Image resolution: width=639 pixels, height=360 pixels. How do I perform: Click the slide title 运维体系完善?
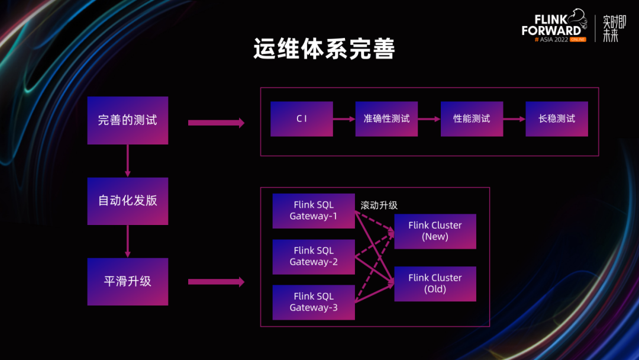point(324,50)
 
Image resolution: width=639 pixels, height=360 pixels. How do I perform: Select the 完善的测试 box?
point(128,120)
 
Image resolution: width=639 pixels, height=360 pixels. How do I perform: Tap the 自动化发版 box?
point(128,201)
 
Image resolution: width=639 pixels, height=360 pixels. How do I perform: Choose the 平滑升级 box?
point(128,282)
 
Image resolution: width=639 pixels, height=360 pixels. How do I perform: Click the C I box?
point(302,119)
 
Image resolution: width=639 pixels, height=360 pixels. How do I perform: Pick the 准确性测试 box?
point(386,119)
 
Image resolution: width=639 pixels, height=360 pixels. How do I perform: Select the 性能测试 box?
point(472,119)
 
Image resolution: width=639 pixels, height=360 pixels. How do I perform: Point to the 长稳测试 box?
point(557,119)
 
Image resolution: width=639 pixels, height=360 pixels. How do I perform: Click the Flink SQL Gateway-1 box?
point(314,211)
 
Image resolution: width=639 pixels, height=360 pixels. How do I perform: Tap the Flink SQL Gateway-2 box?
point(314,256)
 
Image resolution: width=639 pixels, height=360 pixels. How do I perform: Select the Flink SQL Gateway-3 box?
point(314,302)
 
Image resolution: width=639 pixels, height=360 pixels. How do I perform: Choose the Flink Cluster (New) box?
point(435,231)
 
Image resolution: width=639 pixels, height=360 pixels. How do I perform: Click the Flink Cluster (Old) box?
point(435,284)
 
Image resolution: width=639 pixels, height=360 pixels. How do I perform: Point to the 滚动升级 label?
point(379,205)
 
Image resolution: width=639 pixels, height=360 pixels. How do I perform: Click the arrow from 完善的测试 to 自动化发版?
point(128,160)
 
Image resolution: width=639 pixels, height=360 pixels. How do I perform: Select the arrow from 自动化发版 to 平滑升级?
point(128,241)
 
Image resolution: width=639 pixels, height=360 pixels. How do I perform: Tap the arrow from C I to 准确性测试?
point(344,119)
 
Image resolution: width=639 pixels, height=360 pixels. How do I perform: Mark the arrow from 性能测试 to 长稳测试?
point(514,119)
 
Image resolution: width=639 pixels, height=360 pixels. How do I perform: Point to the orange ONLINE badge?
point(573,39)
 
